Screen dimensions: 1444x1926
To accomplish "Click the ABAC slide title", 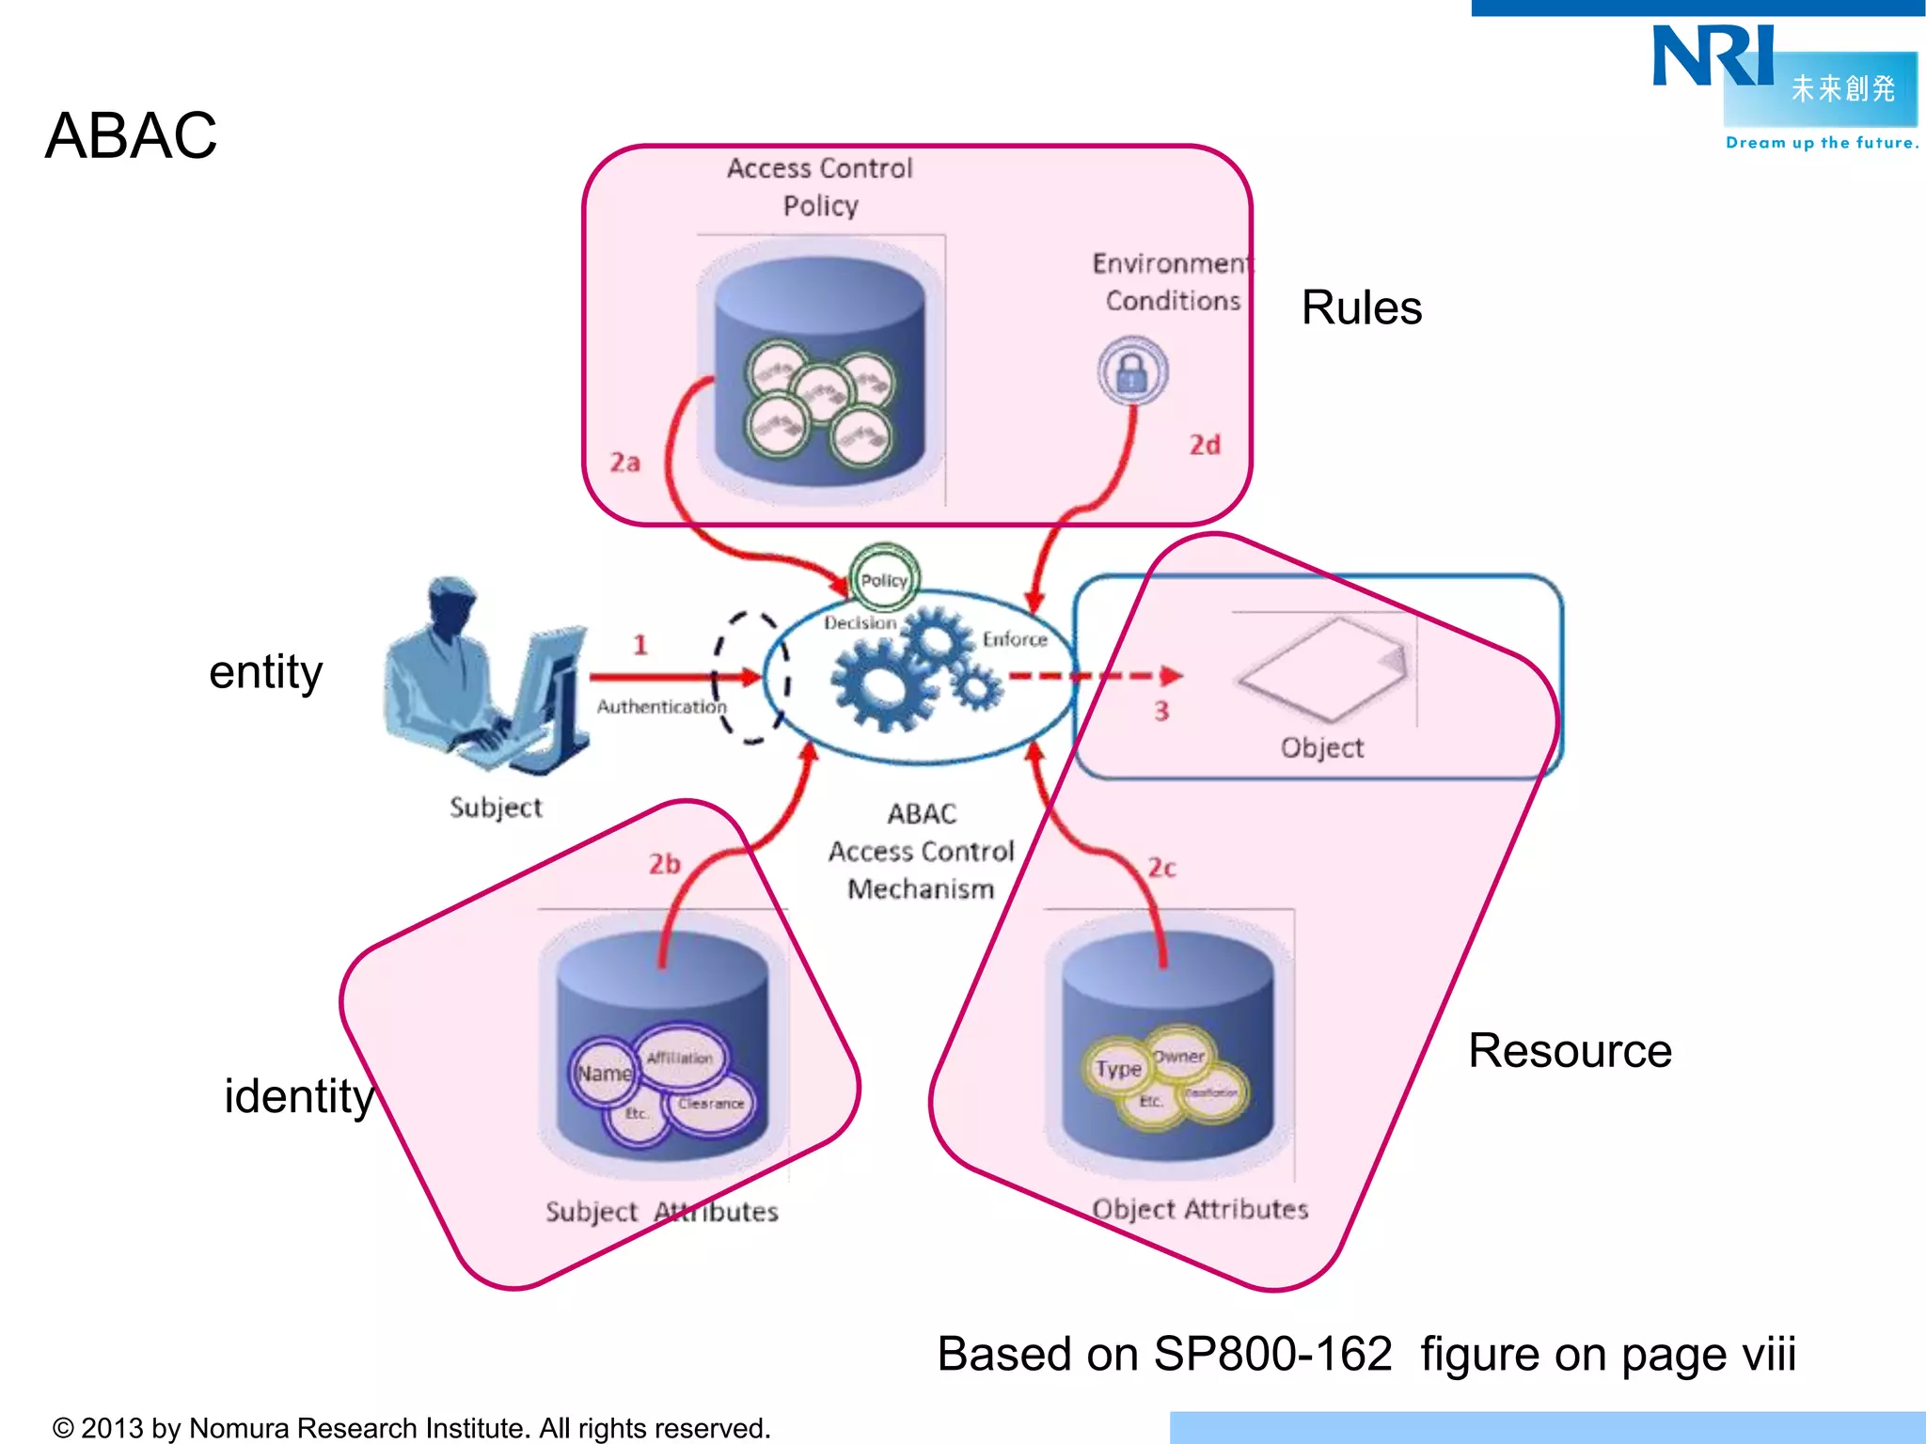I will coord(131,135).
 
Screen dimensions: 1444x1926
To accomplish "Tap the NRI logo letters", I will coord(1713,56).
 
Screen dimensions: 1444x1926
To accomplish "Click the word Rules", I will coord(1361,307).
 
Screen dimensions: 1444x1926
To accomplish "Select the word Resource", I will coord(1570,1050).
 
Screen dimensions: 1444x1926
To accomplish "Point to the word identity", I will coord(299,1096).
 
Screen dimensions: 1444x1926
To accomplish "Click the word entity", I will coord(265,671).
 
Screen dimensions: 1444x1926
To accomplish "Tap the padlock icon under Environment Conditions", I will coord(1132,371).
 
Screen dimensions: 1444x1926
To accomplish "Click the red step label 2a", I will coord(625,463).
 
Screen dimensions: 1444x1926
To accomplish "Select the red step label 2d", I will coord(1205,445).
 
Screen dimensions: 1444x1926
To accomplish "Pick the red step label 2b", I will coord(664,864).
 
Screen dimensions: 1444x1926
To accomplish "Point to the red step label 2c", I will coord(1161,868).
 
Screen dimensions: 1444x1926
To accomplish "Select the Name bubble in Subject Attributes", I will coord(604,1074).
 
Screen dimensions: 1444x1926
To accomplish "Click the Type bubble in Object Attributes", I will coord(1117,1069).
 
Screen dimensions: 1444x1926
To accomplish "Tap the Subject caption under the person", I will coord(496,808).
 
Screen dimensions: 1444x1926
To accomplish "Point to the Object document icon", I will coord(1326,667).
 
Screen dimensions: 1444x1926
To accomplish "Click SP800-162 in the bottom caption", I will coord(1272,1355).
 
